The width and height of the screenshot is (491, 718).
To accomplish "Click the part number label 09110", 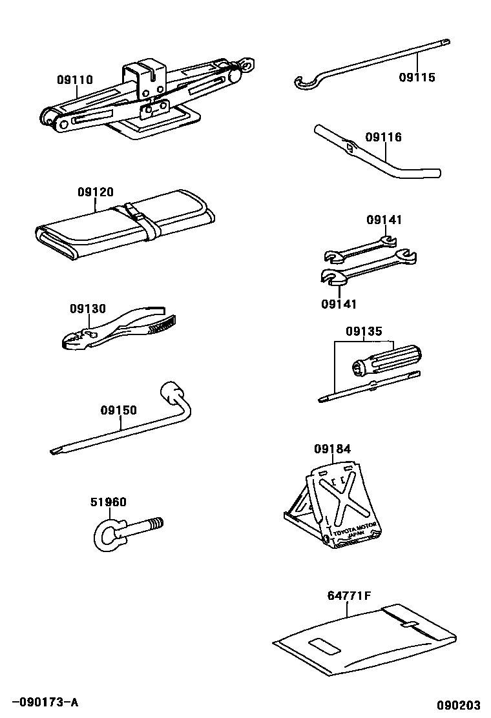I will tap(74, 81).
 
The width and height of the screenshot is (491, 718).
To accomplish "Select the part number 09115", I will tap(417, 77).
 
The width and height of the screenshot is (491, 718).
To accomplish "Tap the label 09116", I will tap(383, 138).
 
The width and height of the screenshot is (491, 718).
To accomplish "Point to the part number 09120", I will tap(96, 192).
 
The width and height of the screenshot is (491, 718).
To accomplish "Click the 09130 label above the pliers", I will tap(88, 309).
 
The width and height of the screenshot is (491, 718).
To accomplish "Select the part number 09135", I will tap(364, 332).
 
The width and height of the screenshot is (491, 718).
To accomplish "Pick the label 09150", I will tap(118, 410).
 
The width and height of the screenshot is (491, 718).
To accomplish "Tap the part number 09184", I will tap(333, 449).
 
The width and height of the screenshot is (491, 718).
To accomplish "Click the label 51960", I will tap(108, 502).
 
